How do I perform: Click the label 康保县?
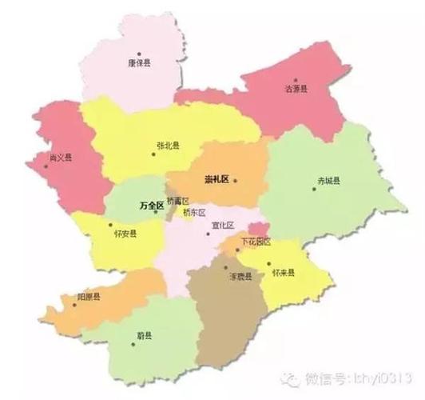pyautogui.click(x=140, y=61)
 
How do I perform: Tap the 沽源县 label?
pyautogui.click(x=296, y=89)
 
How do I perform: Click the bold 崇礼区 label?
pyautogui.click(x=216, y=179)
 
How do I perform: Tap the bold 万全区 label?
pyautogui.click(x=151, y=206)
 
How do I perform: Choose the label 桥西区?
pyautogui.click(x=177, y=201)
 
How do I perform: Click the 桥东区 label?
pyautogui.click(x=194, y=213)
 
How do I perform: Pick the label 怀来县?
pyautogui.click(x=283, y=273)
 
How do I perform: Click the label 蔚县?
pyautogui.click(x=145, y=338)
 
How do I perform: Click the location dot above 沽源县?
pyautogui.click(x=295, y=80)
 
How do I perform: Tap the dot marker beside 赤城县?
pyautogui.click(x=314, y=190)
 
